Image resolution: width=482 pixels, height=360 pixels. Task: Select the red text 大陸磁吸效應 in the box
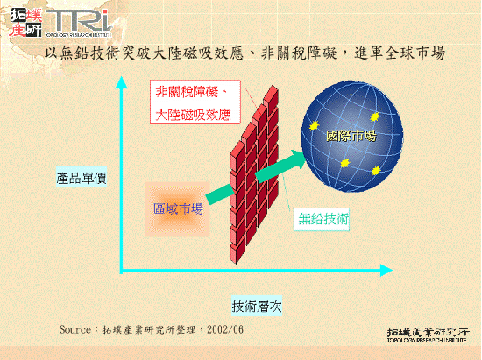click(x=193, y=113)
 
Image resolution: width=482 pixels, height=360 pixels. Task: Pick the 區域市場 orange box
click(x=179, y=208)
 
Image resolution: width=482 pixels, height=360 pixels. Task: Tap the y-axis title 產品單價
click(x=82, y=179)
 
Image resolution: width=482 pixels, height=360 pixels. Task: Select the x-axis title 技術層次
click(x=256, y=307)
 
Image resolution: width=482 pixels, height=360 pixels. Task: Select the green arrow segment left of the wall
click(x=220, y=194)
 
